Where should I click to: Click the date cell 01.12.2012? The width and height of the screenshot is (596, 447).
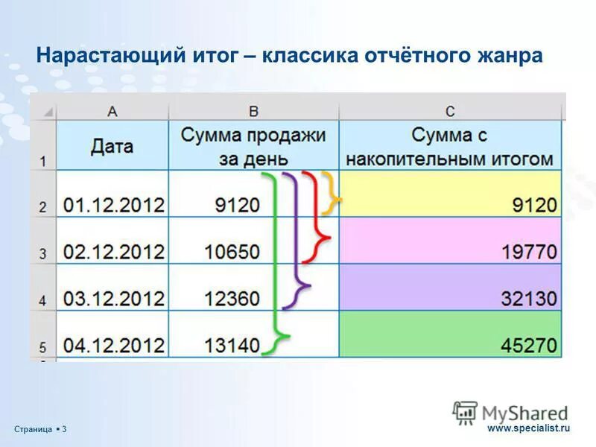113,205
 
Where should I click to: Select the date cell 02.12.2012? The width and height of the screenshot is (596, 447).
113,251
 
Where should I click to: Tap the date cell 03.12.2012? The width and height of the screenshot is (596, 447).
113,299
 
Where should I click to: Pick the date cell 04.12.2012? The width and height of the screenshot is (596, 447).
113,345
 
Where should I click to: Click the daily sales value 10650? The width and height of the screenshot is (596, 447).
232,251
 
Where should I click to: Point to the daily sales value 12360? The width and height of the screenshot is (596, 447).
232,299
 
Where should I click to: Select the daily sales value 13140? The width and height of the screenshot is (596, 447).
232,345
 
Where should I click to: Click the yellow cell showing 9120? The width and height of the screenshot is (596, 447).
450,194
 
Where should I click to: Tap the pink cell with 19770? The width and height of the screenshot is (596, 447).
450,241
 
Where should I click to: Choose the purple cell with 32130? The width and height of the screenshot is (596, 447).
450,288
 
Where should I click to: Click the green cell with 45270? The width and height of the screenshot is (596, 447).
450,335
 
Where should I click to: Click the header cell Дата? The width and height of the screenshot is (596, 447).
112,145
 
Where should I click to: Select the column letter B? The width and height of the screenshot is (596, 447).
253,111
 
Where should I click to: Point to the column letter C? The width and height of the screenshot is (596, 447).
450,111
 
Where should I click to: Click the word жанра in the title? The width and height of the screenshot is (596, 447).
510,56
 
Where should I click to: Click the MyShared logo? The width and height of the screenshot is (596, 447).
510,412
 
